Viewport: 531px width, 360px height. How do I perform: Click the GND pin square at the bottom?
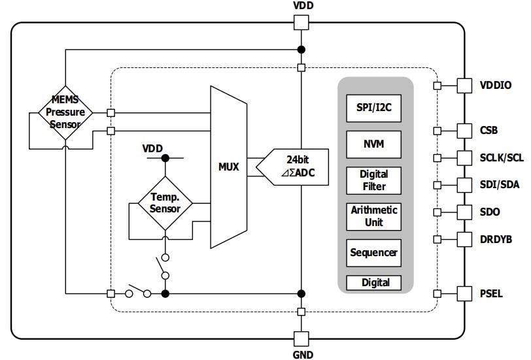(x=301, y=338)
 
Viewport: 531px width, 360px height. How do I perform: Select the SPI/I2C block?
(x=373, y=108)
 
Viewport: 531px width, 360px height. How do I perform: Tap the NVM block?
(x=373, y=144)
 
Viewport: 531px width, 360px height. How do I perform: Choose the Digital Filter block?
(x=373, y=180)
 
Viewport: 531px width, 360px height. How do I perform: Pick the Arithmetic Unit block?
(x=373, y=216)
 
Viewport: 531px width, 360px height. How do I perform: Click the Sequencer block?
(x=373, y=252)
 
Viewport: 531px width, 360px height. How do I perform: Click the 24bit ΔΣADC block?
(x=292, y=167)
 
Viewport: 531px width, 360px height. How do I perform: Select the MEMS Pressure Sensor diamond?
(x=65, y=112)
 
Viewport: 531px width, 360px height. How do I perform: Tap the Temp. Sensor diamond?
(x=165, y=203)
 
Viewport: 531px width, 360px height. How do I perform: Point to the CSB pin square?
(x=464, y=130)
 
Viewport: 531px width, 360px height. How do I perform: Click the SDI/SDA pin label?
(x=500, y=185)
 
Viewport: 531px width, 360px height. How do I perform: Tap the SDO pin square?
(x=464, y=212)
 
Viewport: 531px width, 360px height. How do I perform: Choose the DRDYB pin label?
(x=494, y=239)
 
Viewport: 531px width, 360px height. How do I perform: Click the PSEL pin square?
(x=464, y=293)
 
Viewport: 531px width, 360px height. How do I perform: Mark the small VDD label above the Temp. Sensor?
(x=152, y=148)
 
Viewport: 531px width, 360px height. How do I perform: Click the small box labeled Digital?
(x=373, y=283)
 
